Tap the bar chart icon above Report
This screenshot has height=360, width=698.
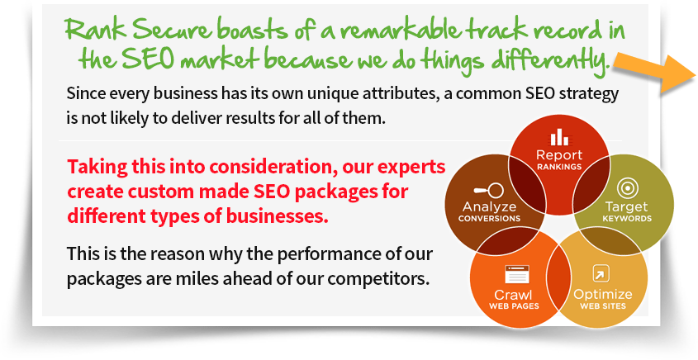[559, 138]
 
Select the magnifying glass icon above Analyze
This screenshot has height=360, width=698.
[488, 191]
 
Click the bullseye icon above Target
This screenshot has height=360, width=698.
[627, 189]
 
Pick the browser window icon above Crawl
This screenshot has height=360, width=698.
[517, 275]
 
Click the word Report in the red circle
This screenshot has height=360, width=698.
[559, 155]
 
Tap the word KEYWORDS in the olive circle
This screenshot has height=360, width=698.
[627, 219]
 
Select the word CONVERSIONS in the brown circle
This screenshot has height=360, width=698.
[489, 219]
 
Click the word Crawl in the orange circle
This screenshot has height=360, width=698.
[514, 295]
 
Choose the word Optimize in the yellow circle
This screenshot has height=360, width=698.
[602, 295]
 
